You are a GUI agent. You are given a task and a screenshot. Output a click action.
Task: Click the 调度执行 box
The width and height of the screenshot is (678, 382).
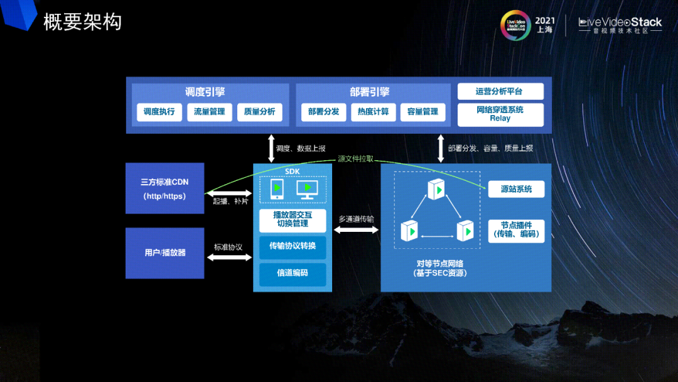point(159,112)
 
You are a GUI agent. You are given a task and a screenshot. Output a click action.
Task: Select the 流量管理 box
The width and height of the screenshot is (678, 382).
point(209,112)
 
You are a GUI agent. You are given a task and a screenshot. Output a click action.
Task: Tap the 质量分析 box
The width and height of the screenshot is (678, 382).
point(259,112)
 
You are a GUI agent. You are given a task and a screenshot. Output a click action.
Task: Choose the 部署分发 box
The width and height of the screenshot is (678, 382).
point(324,112)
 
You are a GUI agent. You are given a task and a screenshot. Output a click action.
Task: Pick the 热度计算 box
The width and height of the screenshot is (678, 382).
point(374,112)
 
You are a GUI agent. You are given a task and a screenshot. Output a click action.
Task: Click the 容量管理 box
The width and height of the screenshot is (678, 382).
point(422,112)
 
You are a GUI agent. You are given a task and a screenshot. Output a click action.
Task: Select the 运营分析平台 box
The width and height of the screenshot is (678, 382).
point(500,92)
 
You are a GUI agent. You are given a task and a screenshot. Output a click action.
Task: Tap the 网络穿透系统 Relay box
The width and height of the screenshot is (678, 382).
point(500,114)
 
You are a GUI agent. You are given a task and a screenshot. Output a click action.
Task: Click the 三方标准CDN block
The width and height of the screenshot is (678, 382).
point(164,188)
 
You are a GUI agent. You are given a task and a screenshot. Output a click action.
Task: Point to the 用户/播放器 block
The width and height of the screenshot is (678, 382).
point(164,253)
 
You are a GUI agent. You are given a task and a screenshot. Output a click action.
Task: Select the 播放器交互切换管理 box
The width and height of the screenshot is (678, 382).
point(293,219)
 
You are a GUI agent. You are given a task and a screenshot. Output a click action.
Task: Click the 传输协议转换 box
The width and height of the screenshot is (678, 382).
point(293,246)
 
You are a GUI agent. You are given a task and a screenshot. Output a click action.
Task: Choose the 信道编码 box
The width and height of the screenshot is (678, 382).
point(293,274)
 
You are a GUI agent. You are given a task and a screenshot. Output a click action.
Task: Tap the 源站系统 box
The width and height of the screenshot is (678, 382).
point(516,188)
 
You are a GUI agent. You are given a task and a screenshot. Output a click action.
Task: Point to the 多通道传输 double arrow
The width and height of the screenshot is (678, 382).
point(356,231)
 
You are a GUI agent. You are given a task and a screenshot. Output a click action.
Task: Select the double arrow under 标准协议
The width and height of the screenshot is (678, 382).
point(229,257)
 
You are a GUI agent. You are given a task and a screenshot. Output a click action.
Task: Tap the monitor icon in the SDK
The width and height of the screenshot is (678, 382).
point(307,189)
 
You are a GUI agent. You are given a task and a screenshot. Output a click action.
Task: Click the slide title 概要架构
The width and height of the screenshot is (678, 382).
point(82,22)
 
